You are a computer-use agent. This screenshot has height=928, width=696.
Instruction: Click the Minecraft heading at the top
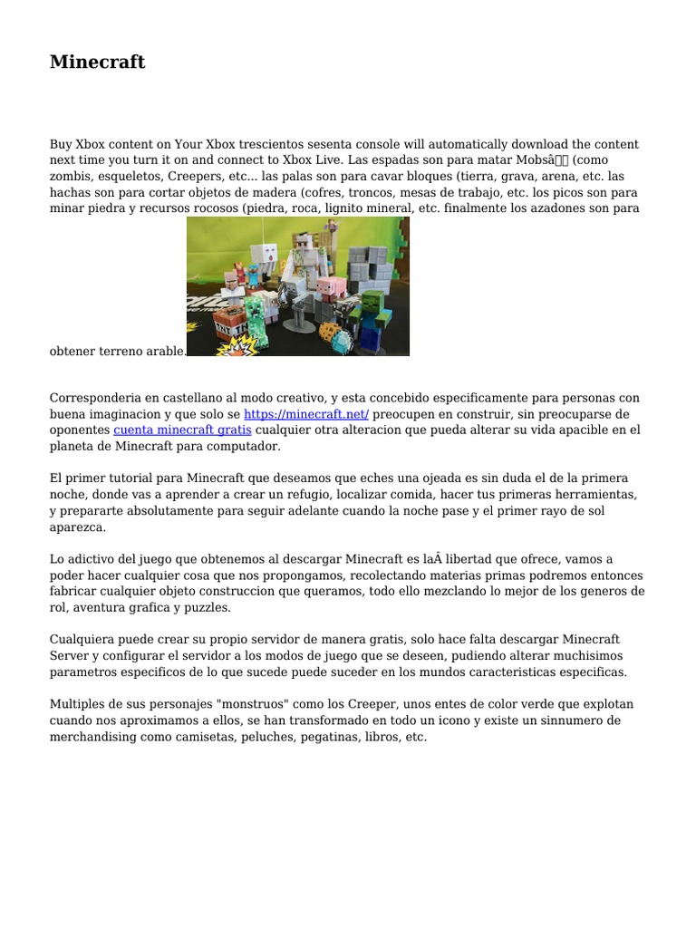(97, 63)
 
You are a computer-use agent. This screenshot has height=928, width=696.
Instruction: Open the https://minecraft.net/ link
(306, 414)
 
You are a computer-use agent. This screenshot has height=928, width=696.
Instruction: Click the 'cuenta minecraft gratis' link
(182, 430)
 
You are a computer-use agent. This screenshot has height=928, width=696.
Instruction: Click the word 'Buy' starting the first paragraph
(60, 144)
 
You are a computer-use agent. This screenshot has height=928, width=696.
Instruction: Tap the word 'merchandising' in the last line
(92, 737)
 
